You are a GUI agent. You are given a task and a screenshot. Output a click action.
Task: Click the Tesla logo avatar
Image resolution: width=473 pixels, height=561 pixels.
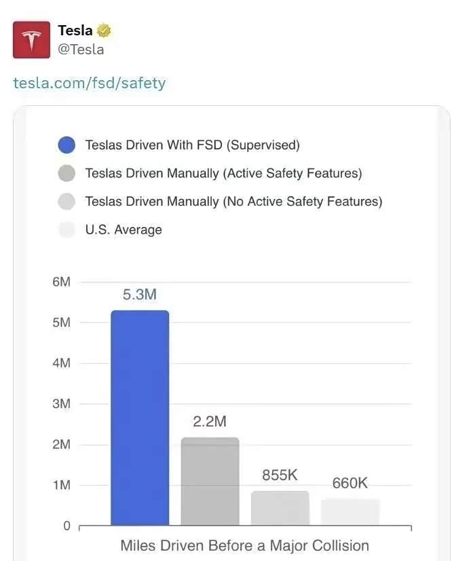tap(31, 39)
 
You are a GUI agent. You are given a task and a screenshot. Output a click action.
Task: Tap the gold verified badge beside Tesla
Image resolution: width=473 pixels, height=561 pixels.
tap(105, 31)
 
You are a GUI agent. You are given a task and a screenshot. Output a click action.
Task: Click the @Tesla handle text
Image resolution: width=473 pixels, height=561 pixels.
tap(81, 50)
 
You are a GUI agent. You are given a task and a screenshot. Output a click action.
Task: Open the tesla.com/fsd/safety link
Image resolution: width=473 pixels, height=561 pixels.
tap(90, 83)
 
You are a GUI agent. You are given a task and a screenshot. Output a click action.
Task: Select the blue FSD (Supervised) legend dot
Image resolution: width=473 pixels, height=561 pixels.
tap(67, 145)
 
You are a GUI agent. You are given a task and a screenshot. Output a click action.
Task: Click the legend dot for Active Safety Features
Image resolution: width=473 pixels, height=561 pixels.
tap(67, 173)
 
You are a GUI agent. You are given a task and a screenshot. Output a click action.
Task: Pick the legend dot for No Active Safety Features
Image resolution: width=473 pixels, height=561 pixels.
tap(67, 202)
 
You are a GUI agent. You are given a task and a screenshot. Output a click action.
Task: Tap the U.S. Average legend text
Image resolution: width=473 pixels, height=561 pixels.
tap(124, 230)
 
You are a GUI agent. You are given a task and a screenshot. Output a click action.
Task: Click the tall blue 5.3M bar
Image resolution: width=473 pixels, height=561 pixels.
tap(140, 418)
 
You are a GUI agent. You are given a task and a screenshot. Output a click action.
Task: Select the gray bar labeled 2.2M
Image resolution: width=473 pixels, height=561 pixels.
tap(210, 481)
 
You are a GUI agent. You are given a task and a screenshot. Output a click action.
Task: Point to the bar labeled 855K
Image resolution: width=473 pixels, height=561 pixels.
tap(280, 508)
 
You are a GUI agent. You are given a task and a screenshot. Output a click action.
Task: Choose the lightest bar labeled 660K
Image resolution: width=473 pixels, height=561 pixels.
tap(350, 511)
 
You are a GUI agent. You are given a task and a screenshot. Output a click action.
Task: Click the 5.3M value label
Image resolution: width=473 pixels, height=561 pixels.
tap(140, 295)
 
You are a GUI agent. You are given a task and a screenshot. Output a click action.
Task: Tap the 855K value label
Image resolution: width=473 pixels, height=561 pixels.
tap(280, 475)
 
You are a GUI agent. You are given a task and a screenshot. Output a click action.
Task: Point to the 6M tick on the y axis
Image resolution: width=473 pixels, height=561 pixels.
tap(61, 282)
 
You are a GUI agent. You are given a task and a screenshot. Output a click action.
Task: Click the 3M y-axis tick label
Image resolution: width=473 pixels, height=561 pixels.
tap(61, 404)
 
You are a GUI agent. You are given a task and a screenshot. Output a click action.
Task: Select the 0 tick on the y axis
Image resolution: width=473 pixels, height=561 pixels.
tap(67, 526)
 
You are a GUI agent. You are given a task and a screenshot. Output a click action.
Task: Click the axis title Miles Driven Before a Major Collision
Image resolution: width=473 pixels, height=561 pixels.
tap(244, 545)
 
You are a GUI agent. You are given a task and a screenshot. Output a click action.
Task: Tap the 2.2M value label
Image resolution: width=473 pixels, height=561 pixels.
tap(210, 422)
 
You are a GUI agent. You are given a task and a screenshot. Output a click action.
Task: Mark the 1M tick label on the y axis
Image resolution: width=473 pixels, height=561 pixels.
tap(61, 485)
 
